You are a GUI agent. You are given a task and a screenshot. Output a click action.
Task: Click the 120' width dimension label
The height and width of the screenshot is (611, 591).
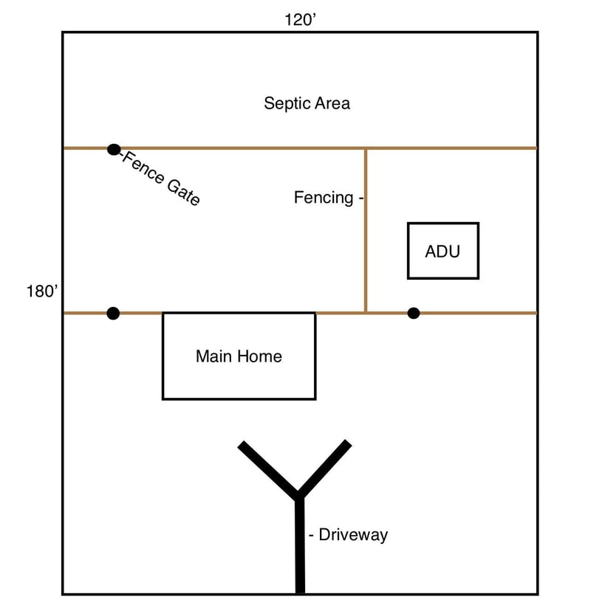click(x=300, y=19)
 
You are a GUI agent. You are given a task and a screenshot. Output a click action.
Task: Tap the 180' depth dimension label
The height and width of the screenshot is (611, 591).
click(x=42, y=291)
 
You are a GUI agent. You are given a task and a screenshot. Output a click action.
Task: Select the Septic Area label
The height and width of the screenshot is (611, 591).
click(x=307, y=103)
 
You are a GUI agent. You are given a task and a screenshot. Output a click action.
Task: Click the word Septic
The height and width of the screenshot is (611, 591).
click(x=287, y=103)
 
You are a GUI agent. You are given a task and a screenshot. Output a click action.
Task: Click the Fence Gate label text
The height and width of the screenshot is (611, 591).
click(x=161, y=178)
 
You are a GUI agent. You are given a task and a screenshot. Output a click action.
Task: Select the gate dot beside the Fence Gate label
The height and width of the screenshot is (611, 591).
click(x=114, y=149)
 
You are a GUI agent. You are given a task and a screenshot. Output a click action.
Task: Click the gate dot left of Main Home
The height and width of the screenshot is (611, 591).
click(x=113, y=313)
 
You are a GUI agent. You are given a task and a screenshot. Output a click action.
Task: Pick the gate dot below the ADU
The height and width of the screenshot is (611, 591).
click(x=414, y=313)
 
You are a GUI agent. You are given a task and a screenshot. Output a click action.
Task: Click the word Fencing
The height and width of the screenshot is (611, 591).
click(x=324, y=198)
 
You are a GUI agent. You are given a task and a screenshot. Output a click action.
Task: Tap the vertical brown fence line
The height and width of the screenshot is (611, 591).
click(x=366, y=231)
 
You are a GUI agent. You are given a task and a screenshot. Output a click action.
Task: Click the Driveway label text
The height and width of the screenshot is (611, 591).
click(x=353, y=534)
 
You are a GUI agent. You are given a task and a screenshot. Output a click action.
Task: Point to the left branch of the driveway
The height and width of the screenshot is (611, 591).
click(x=268, y=470)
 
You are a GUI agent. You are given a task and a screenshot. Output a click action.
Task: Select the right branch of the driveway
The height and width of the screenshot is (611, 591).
click(x=324, y=469)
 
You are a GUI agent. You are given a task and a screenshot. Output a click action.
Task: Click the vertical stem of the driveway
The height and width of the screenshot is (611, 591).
click(x=300, y=545)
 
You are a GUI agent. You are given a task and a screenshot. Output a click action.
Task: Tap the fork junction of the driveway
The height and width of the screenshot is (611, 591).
click(x=298, y=495)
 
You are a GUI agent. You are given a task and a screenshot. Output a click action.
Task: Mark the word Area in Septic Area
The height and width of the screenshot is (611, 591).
click(x=332, y=103)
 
